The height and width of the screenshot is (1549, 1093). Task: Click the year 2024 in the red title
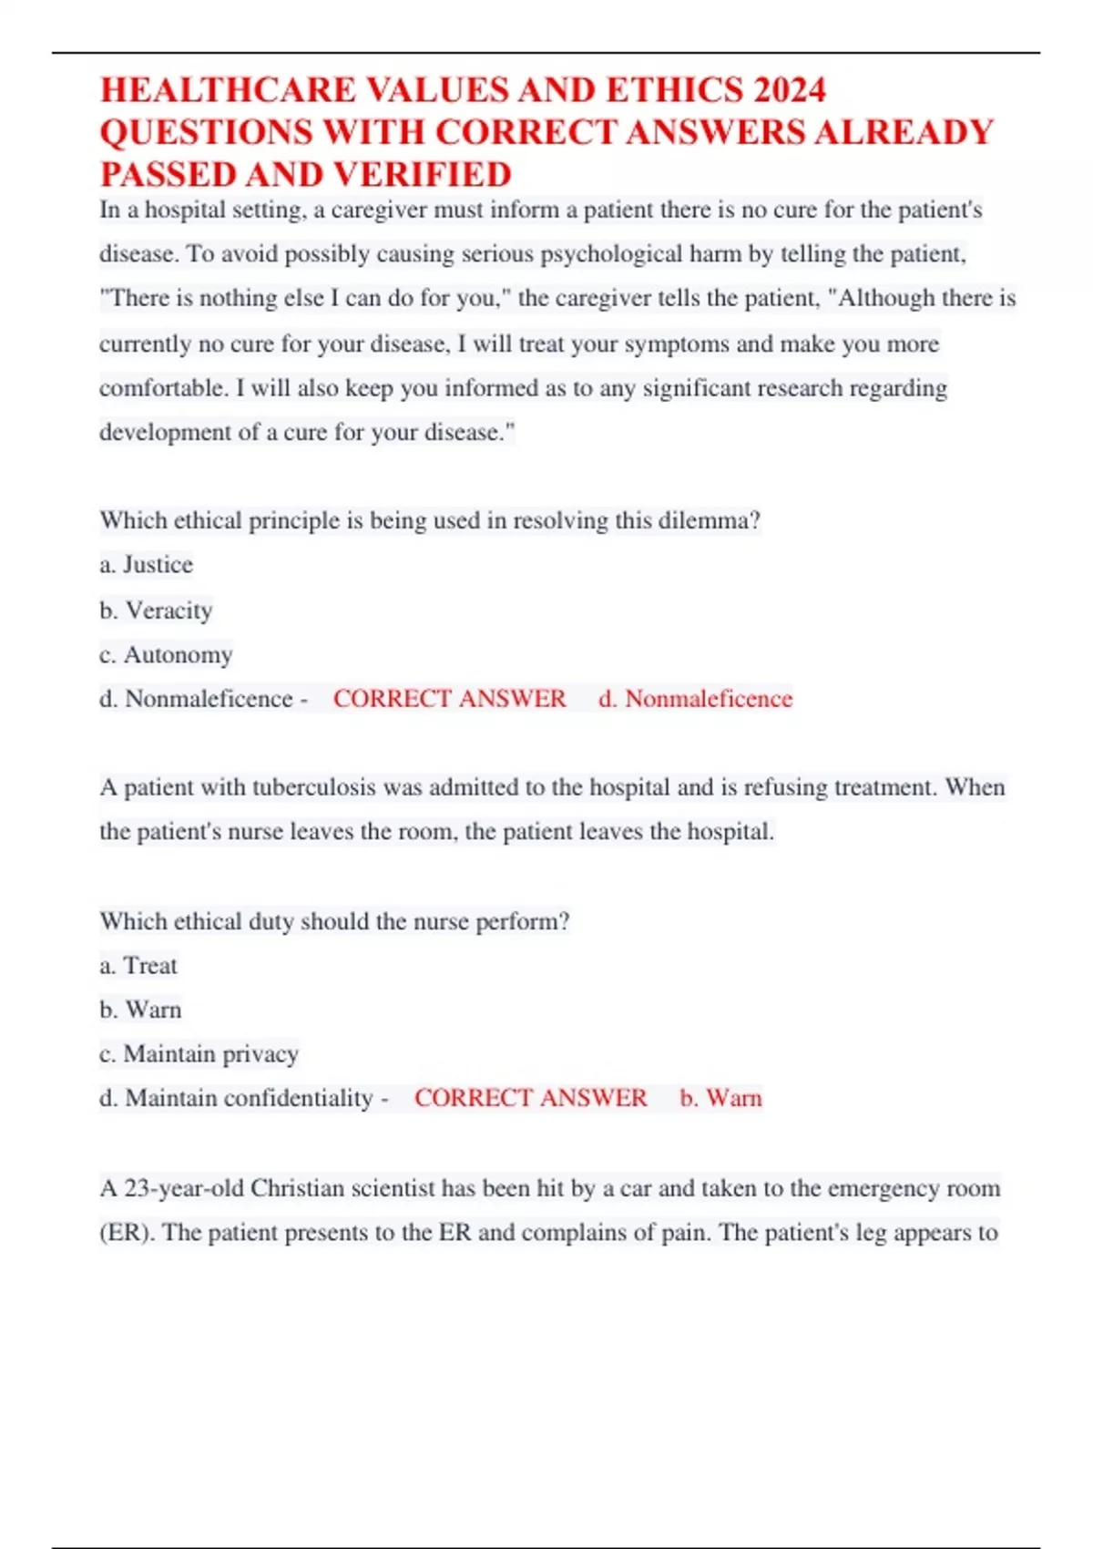click(790, 90)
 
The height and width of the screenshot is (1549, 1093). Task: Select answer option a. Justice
click(147, 565)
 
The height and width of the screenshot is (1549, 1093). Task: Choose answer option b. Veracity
click(156, 610)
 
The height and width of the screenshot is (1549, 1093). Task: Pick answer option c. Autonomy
click(166, 654)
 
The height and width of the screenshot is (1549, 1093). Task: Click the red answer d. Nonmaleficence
click(695, 699)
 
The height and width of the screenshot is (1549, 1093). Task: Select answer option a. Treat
click(138, 965)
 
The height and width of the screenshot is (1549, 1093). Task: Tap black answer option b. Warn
click(140, 1010)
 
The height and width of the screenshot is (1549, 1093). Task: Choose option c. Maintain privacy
click(199, 1054)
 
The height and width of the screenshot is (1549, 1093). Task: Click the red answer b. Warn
click(720, 1098)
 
